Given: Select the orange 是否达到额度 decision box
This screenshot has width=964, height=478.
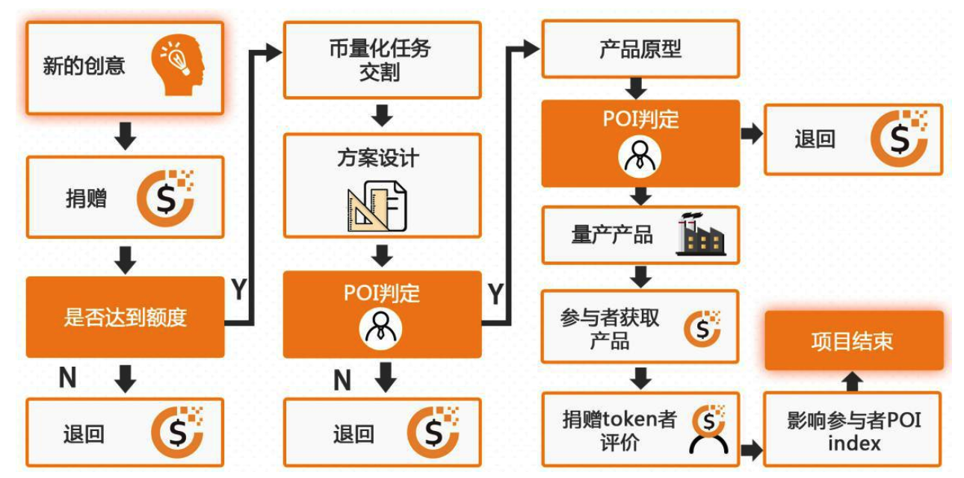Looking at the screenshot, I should coord(125,317).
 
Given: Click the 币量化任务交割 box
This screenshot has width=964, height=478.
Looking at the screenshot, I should coord(381,60).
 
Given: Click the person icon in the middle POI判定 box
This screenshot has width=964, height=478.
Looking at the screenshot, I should coord(382,327).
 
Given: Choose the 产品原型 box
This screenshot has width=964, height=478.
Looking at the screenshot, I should coord(640,49).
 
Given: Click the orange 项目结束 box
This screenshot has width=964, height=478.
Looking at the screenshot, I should coord(853,341).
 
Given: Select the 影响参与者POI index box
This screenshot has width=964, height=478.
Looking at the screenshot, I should coord(853,431).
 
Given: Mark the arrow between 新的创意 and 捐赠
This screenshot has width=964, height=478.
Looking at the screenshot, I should coord(126,135).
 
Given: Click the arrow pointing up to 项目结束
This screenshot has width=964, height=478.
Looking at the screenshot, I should coord(853,381).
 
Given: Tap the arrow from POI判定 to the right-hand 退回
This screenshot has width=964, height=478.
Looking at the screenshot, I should coord(751,134).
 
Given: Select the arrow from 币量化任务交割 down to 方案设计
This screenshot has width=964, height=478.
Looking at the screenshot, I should coord(382,115).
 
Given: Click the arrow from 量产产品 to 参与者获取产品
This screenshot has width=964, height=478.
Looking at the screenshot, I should coord(640,276).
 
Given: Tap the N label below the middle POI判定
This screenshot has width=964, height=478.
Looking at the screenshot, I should coord(342,381).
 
